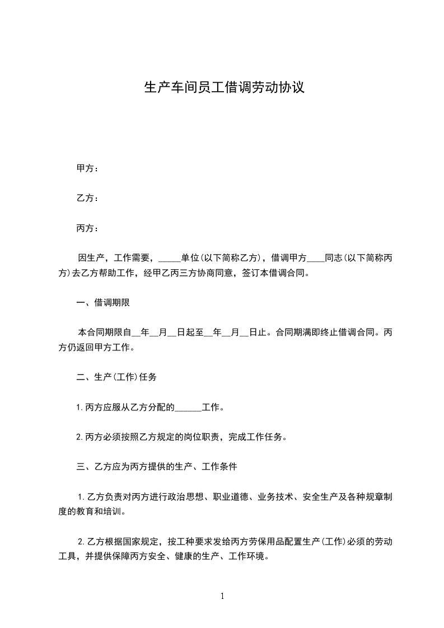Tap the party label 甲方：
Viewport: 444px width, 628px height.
[x=87, y=168]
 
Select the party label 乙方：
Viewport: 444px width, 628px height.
[x=87, y=198]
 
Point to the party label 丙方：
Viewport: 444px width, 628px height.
[x=87, y=228]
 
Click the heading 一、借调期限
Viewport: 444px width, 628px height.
[x=104, y=303]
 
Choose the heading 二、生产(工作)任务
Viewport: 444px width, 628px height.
[x=116, y=377]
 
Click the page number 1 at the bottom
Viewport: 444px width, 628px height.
[x=222, y=597]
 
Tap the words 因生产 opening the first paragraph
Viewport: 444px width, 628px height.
[x=90, y=259]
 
